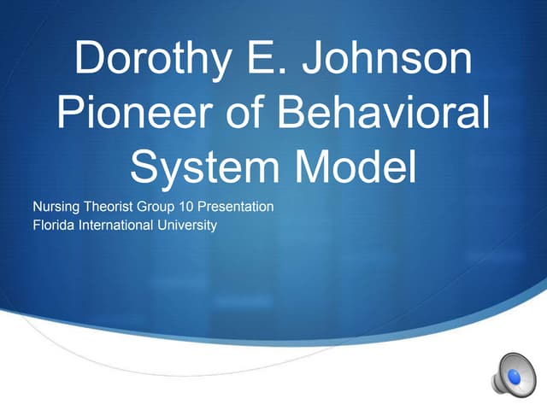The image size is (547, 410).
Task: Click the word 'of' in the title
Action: (x=249, y=113)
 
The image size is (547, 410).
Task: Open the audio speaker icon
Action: (x=510, y=373)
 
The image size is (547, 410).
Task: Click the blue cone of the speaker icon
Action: (x=515, y=373)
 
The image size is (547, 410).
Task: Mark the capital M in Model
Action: (x=315, y=166)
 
